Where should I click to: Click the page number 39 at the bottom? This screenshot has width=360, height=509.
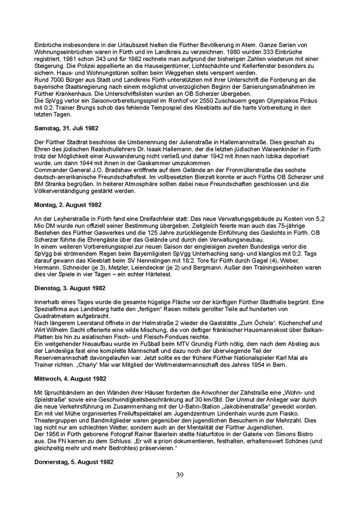pyautogui.click(x=179, y=475)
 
